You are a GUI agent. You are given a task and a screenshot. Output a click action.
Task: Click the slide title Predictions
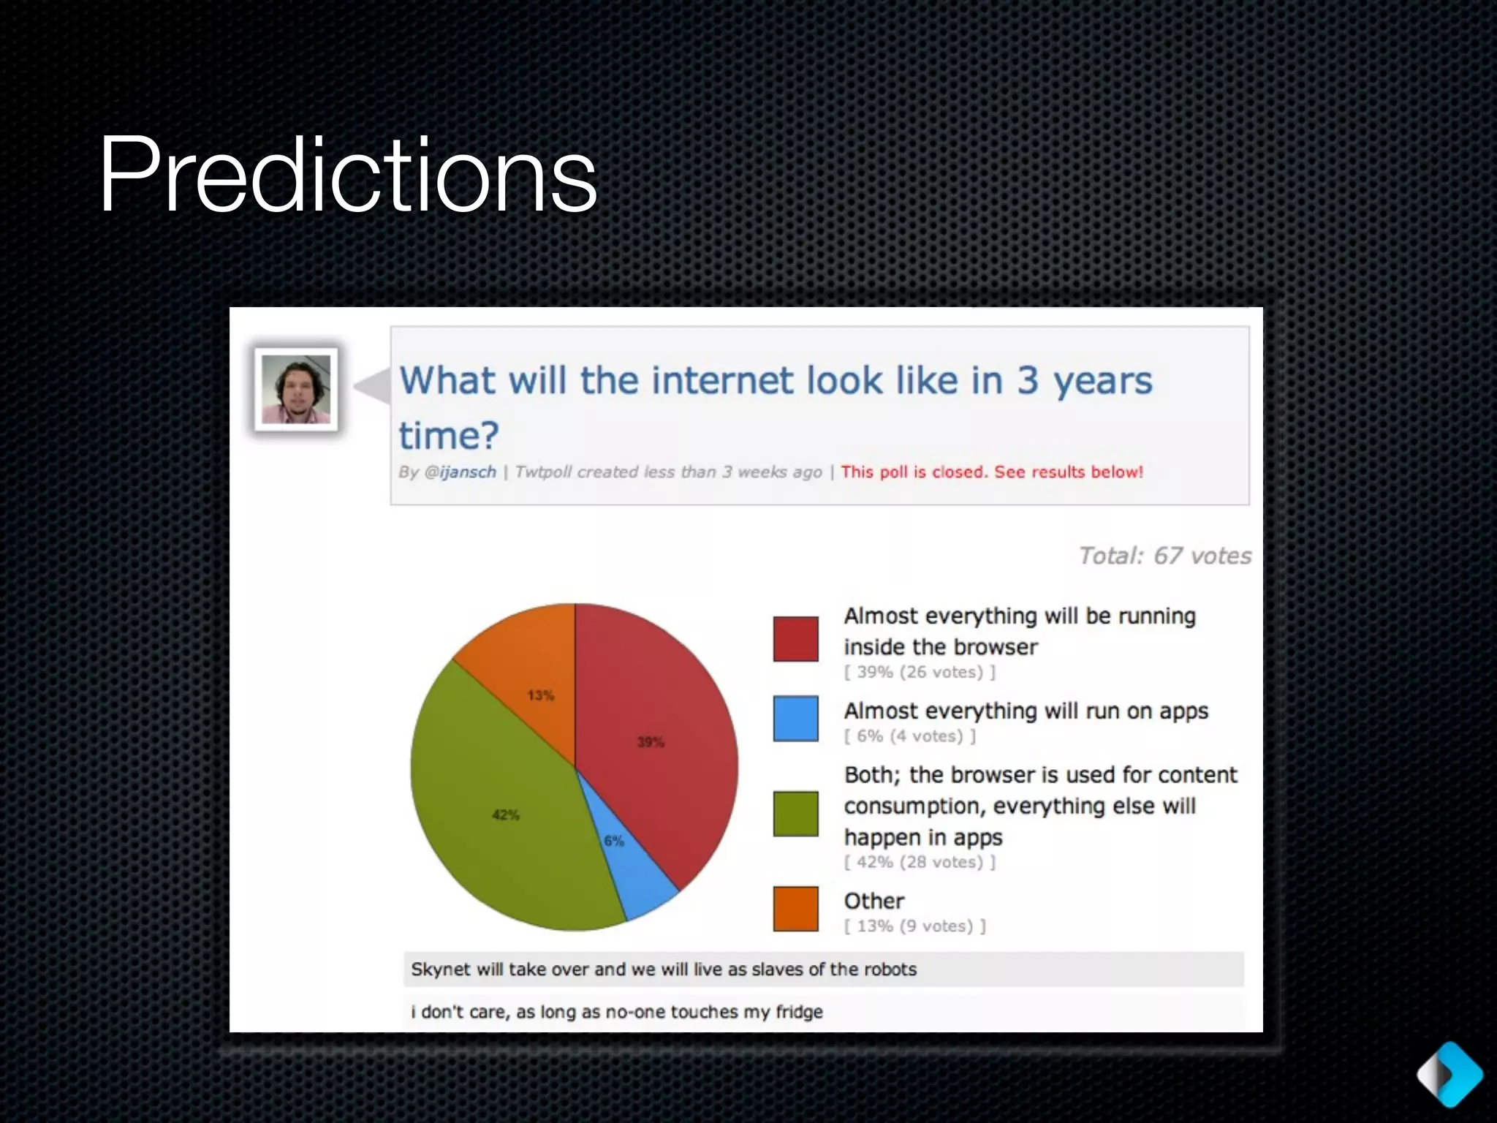tap(348, 175)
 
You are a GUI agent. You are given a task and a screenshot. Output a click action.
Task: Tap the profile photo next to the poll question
tap(296, 389)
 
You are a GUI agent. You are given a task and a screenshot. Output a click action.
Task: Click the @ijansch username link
tap(460, 472)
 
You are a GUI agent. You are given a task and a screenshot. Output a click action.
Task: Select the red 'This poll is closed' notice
tap(991, 472)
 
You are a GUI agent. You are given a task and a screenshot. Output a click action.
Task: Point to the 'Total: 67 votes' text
tap(1164, 556)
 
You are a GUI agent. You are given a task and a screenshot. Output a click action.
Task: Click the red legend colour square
tap(795, 639)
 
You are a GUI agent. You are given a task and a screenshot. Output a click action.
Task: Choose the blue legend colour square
tap(795, 719)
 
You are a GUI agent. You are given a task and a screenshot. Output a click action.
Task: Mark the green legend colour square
tap(795, 813)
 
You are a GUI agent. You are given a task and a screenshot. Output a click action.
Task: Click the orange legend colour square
tap(795, 909)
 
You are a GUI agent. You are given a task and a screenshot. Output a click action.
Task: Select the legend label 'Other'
tap(873, 901)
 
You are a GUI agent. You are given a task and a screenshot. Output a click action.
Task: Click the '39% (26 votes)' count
tap(920, 672)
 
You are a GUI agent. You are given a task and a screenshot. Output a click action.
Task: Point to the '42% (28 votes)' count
tap(920, 862)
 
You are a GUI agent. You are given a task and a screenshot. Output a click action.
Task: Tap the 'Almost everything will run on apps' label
tap(1026, 711)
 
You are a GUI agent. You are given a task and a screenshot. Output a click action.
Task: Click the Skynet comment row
tap(663, 969)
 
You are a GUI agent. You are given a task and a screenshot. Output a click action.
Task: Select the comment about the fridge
tap(616, 1012)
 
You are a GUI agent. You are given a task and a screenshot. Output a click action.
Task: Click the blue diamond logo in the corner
tap(1449, 1074)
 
